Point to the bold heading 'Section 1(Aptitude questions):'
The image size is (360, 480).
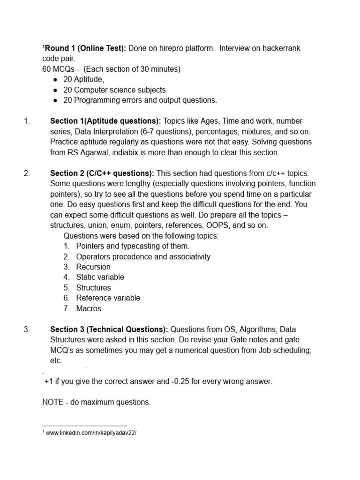coord(105,121)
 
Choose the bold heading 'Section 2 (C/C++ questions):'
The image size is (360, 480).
coord(103,173)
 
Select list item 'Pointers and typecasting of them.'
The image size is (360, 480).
coord(133,246)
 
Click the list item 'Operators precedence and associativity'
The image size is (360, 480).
coord(143,256)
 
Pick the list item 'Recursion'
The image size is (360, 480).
coord(93,267)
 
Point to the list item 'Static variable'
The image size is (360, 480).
coord(100,277)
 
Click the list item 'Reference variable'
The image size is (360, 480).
coord(108,298)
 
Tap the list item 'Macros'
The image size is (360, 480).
coord(89,308)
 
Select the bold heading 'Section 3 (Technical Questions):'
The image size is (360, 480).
coord(109,330)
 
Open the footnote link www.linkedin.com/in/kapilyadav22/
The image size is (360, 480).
coord(91,433)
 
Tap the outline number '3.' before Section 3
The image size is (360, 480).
coord(27,330)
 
